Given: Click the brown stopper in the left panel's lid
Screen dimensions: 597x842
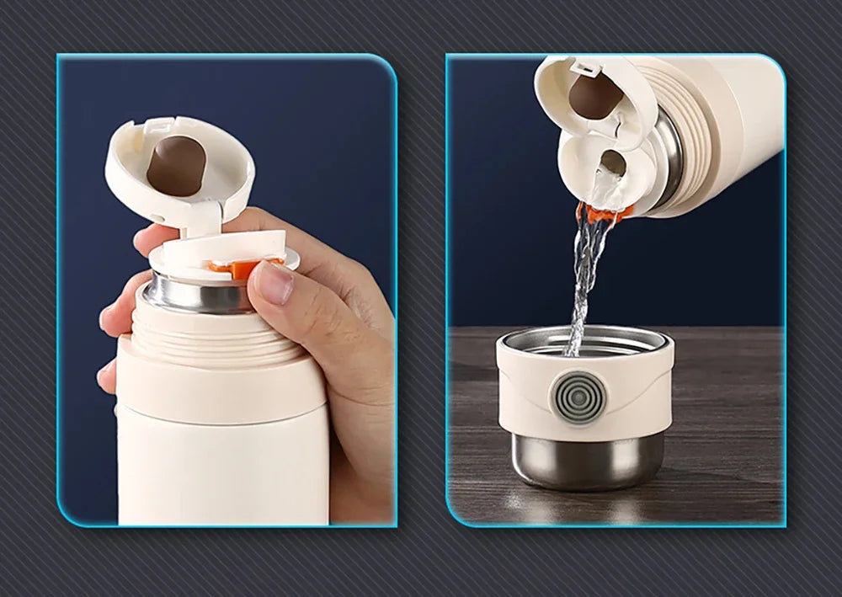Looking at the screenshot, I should pyautogui.click(x=173, y=163).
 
